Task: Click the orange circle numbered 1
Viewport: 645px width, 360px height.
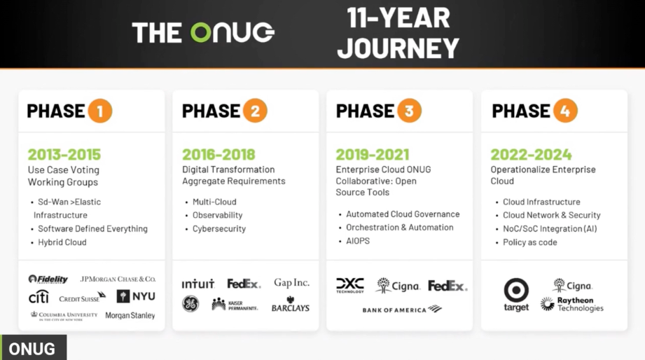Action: click(x=100, y=111)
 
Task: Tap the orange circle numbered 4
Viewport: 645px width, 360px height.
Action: click(x=565, y=111)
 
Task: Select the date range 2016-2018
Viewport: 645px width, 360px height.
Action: click(x=219, y=155)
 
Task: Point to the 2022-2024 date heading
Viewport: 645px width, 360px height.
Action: click(x=531, y=155)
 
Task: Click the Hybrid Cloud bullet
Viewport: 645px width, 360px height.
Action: click(x=62, y=242)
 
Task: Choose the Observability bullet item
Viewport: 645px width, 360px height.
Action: click(x=218, y=215)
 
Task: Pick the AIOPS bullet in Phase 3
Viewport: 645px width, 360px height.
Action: click(x=358, y=241)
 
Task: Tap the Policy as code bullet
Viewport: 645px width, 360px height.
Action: click(x=530, y=242)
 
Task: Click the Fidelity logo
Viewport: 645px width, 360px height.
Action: click(x=48, y=279)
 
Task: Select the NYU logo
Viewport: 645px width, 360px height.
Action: click(x=136, y=296)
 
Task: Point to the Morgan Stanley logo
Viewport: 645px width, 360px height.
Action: click(x=130, y=316)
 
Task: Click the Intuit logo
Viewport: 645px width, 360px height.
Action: click(x=198, y=284)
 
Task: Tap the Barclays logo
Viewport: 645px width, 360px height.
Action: click(x=291, y=304)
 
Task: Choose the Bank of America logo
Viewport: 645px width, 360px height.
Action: click(x=402, y=309)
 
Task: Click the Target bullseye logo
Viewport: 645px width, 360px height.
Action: click(x=516, y=295)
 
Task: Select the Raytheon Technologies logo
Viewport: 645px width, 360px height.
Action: click(x=571, y=304)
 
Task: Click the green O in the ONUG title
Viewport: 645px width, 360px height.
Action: click(x=201, y=32)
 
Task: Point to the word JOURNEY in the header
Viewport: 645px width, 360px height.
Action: click(x=398, y=48)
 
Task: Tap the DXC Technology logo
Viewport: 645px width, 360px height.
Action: click(x=350, y=286)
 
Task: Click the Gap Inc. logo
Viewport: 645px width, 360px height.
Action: click(x=291, y=283)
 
